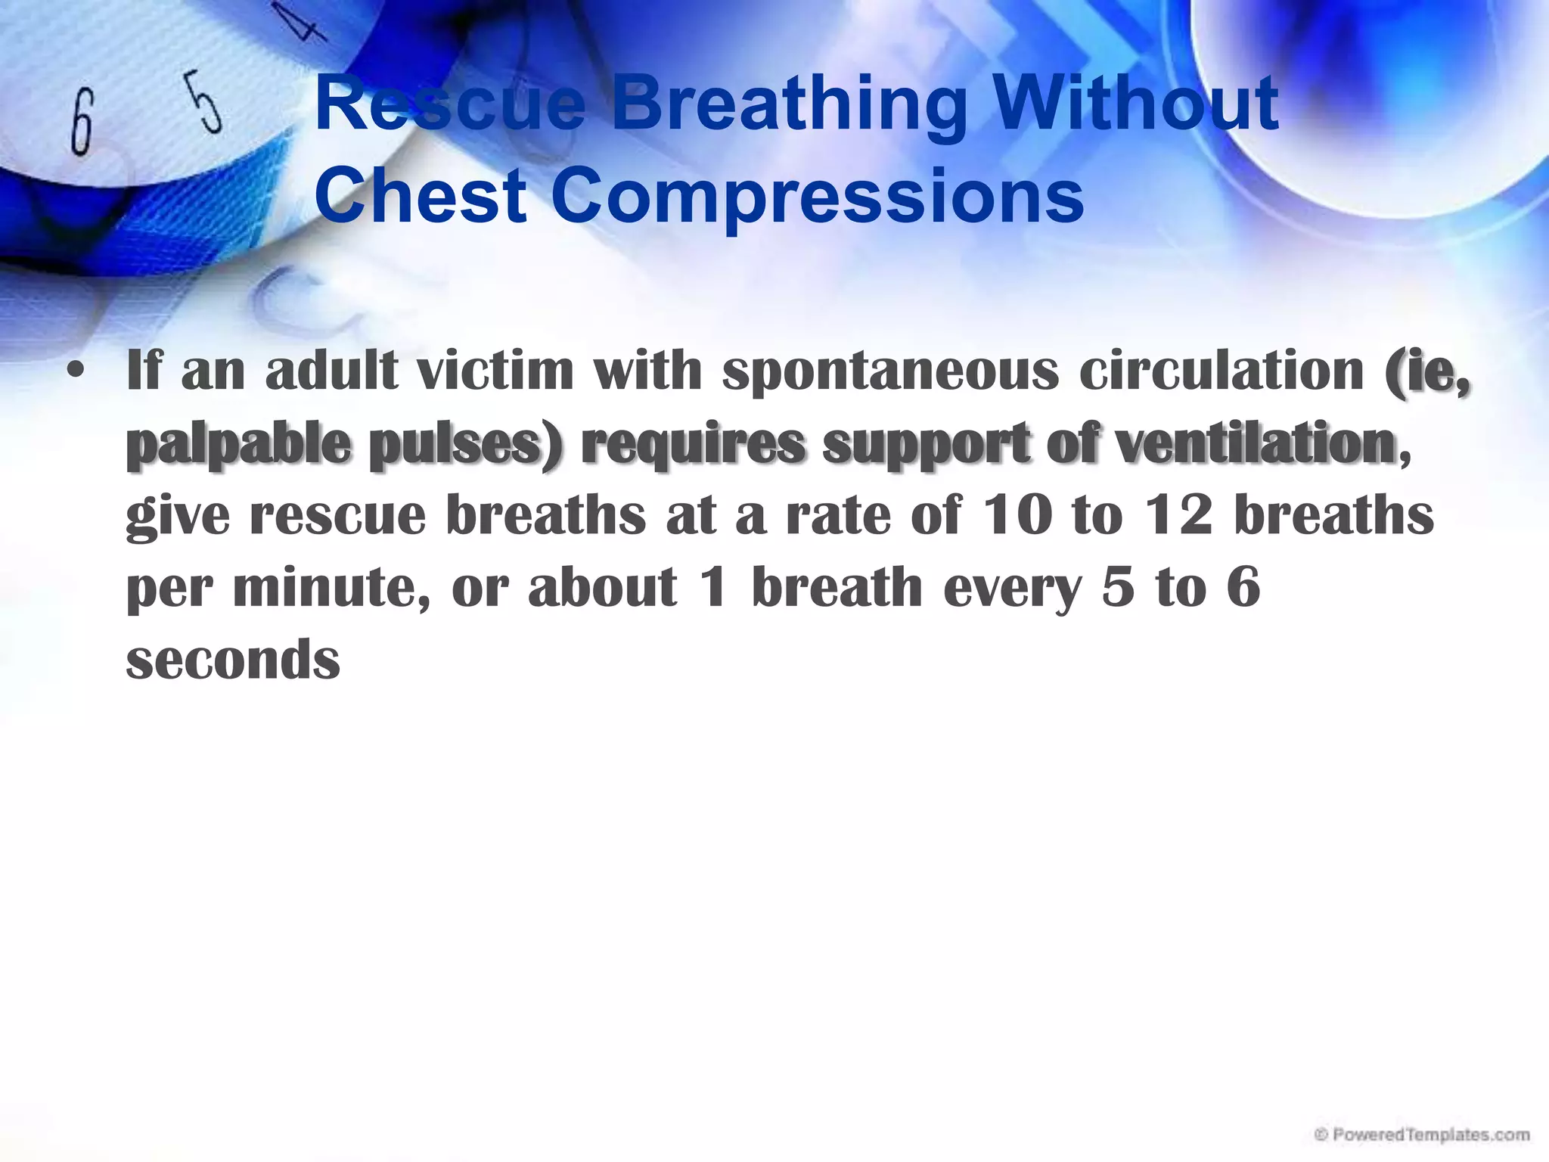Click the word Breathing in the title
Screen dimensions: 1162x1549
coord(788,106)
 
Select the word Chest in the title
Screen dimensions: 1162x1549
coord(420,195)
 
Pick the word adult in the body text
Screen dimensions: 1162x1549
coord(331,371)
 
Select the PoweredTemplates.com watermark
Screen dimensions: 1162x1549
coord(1423,1135)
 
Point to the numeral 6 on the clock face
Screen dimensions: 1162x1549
coord(82,121)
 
